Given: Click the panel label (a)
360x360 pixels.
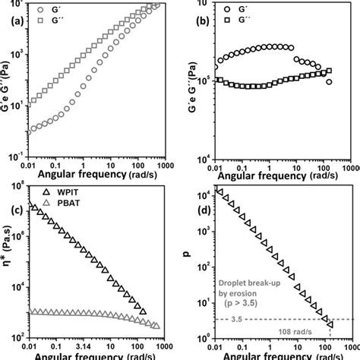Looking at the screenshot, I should (11, 23).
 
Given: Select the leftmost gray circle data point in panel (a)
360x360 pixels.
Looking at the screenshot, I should (30, 132).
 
